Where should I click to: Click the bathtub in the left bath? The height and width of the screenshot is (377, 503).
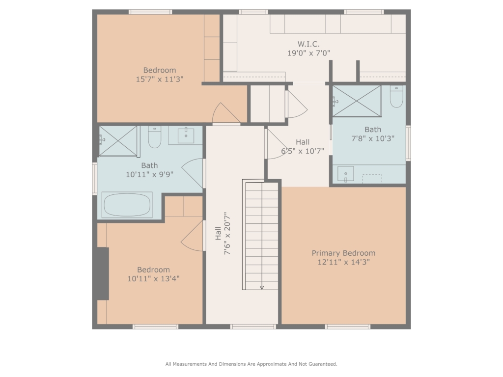coord(127,205)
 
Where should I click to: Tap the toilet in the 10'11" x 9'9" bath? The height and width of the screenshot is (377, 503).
coord(154,137)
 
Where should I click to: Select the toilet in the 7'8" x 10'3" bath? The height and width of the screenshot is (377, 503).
coord(396,96)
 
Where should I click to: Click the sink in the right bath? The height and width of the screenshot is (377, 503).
coord(345,174)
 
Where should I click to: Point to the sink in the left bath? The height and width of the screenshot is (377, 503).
coord(186,135)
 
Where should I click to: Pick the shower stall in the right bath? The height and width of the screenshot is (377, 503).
coord(357,101)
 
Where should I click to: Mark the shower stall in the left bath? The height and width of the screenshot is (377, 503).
coord(118,141)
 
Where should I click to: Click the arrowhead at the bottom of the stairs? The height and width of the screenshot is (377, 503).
coord(262,287)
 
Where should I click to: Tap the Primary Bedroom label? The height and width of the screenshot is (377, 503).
coord(343,253)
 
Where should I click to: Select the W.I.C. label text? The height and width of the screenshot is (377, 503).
coord(308,44)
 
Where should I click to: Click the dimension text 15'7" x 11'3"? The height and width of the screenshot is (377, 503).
coord(160,79)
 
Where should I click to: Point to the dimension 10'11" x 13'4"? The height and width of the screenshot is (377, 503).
coord(153,279)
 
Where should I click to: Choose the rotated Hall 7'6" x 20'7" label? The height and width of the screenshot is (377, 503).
coord(223,233)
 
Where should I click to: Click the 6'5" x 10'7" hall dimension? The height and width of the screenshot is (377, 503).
coord(303,151)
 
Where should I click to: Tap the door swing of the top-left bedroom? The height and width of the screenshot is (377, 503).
coord(226,113)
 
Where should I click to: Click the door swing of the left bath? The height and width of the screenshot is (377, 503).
coord(193,173)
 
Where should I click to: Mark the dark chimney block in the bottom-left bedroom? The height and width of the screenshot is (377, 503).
coord(103,273)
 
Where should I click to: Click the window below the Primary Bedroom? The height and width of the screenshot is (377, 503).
coord(348,326)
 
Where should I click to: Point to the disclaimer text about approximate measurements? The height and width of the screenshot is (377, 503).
coord(251,364)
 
